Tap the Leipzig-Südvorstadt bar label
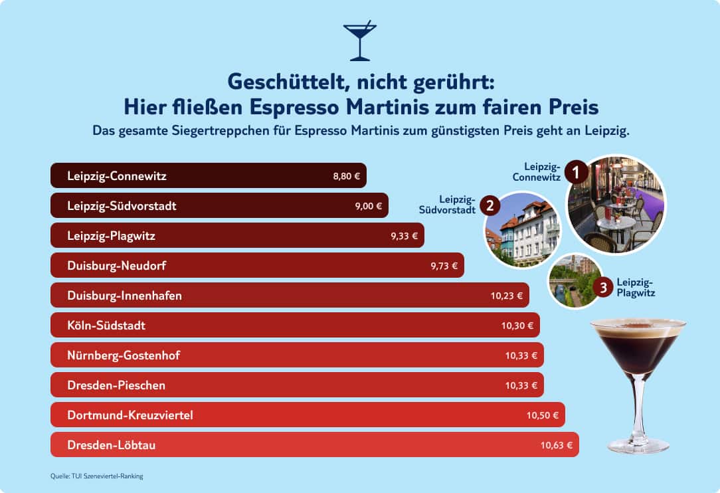click(122, 206)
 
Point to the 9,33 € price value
click(405, 236)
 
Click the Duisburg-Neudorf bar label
click(116, 266)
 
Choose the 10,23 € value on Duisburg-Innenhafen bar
click(507, 296)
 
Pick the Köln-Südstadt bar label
click(106, 326)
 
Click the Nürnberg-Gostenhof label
click(124, 355)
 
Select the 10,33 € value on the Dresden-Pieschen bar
click(521, 385)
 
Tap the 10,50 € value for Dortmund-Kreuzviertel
click(543, 415)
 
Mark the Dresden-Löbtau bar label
click(111, 445)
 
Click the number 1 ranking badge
click(576, 173)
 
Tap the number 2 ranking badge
click(490, 205)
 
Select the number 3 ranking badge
click(602, 288)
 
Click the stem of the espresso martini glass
click(638, 405)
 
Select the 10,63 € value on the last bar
click(557, 445)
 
